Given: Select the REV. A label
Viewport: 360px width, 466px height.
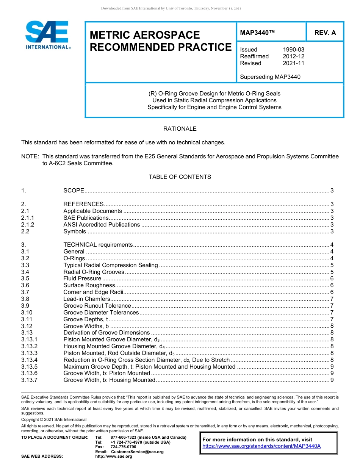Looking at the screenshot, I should [x=325, y=33].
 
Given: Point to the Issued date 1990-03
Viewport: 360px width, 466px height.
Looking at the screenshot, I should [x=293, y=50].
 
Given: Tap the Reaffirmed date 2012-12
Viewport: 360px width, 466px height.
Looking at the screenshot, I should [x=293, y=56].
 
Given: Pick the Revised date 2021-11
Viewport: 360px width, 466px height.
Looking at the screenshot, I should [x=293, y=63].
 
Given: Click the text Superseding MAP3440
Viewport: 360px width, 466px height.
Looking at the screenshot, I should [x=270, y=77].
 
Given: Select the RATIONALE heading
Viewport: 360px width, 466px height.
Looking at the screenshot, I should [x=180, y=129].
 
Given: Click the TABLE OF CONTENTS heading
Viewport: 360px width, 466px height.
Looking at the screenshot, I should [x=180, y=177].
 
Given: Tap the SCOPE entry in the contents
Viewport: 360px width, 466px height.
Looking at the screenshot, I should [x=74, y=191].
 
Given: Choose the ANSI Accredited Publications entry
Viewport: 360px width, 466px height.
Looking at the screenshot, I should [x=102, y=225].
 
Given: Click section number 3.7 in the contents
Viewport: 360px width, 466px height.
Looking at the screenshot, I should [x=25, y=292].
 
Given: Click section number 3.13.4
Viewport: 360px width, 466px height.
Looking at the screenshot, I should [x=30, y=360].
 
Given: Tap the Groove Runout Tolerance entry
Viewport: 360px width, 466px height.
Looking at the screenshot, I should [x=97, y=306].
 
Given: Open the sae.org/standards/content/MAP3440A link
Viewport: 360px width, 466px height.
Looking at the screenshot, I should [x=261, y=446].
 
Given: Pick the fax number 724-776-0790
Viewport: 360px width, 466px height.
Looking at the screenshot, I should [x=123, y=447].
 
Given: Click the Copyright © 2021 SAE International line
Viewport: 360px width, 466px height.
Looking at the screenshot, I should [x=54, y=419].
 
